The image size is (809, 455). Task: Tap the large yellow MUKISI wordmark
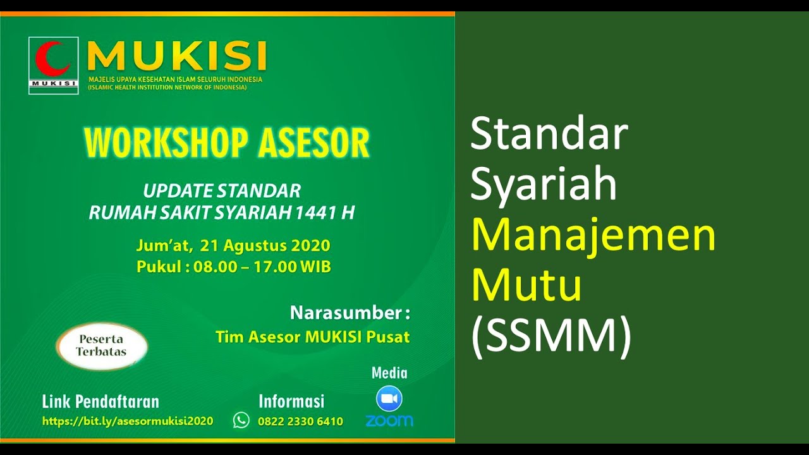pyautogui.click(x=177, y=57)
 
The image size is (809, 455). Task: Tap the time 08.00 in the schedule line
pyautogui.click(x=214, y=267)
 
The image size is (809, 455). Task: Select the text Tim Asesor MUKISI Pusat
pyautogui.click(x=312, y=337)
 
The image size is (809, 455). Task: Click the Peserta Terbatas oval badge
pyautogui.click(x=101, y=346)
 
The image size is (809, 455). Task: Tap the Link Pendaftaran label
pyautogui.click(x=100, y=401)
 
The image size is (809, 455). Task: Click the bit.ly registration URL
pyautogui.click(x=128, y=421)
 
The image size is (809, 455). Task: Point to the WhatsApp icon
pyautogui.click(x=241, y=420)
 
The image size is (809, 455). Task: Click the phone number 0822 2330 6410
pyautogui.click(x=300, y=422)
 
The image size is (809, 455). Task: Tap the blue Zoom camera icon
pyautogui.click(x=389, y=399)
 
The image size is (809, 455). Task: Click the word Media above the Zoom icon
pyautogui.click(x=389, y=373)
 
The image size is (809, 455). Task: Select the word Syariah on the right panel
pyautogui.click(x=544, y=185)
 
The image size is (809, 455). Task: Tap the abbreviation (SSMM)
pyautogui.click(x=551, y=336)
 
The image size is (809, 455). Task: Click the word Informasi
pyautogui.click(x=291, y=401)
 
